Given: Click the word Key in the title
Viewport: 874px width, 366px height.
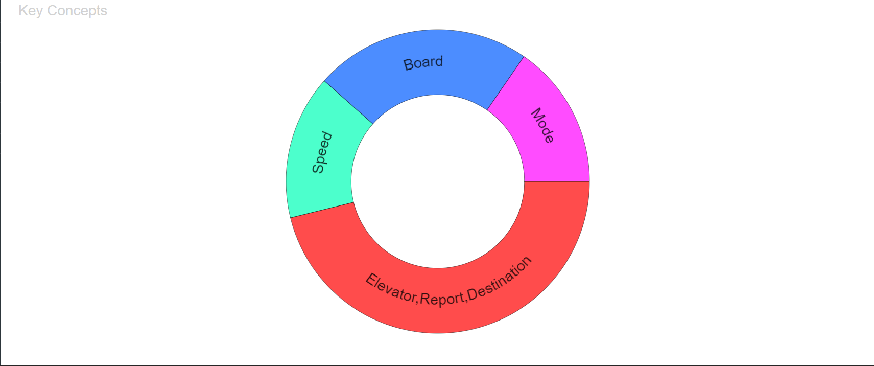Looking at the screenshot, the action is [31, 11].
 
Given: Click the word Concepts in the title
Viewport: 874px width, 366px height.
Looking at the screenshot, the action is [77, 11].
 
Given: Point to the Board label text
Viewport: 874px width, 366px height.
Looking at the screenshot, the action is [423, 63].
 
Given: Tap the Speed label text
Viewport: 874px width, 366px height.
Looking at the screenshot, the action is [322, 152].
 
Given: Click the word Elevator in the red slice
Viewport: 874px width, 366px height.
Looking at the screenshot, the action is [391, 288].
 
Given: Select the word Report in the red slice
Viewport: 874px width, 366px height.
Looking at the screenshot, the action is [442, 299].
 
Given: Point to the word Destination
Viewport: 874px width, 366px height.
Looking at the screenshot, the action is [500, 278].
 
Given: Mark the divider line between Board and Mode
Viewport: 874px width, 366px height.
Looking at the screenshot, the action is [505, 83].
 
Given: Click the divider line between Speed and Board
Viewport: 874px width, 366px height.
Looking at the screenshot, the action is [348, 102].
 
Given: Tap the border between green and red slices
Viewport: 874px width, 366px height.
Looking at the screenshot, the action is [322, 210].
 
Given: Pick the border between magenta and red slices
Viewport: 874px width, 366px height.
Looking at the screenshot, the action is [557, 181].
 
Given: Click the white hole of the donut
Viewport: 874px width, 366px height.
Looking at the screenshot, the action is [438, 181].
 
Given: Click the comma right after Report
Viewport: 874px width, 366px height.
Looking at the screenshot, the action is [465, 300].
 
